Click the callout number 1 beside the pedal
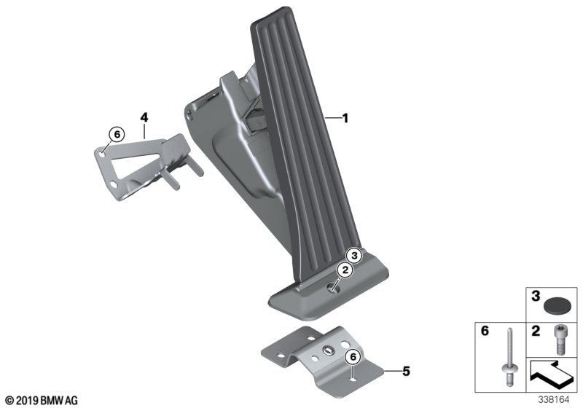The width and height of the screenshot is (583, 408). (x=346, y=117)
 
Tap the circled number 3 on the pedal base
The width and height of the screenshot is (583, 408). (x=353, y=255)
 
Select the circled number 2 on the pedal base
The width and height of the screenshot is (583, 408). (x=344, y=270)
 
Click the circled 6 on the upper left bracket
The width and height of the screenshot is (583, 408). (x=115, y=133)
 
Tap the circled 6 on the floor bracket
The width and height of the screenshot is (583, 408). (x=351, y=356)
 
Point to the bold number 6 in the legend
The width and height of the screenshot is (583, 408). (x=482, y=331)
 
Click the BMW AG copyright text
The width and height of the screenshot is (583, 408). (x=40, y=400)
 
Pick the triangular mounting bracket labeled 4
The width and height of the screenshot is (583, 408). (x=138, y=164)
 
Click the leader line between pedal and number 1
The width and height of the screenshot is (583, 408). (x=332, y=117)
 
